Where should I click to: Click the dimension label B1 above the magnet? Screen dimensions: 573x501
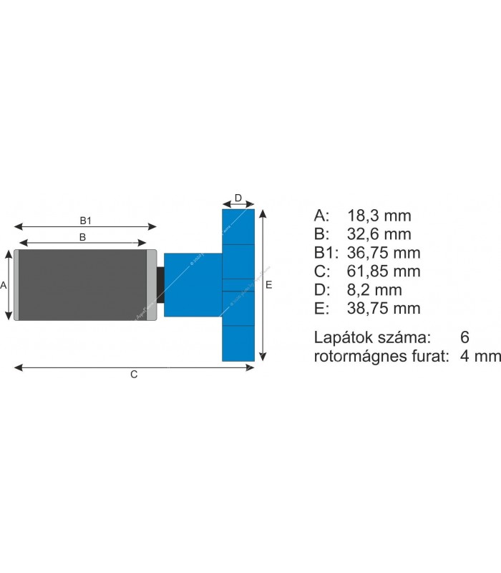[85, 219]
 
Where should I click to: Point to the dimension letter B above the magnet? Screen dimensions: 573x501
[82, 236]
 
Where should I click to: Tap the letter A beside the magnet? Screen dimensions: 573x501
[4, 285]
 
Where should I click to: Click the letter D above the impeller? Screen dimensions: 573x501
[238, 198]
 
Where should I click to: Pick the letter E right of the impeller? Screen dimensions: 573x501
[269, 285]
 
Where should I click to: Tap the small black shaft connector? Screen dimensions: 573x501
[160, 285]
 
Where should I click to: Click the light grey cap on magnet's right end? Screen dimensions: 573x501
[152, 285]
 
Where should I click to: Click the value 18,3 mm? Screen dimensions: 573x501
[379, 216]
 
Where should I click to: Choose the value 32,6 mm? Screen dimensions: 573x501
[379, 234]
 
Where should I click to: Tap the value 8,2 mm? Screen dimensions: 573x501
[375, 290]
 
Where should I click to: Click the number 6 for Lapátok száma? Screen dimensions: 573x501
[466, 337]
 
